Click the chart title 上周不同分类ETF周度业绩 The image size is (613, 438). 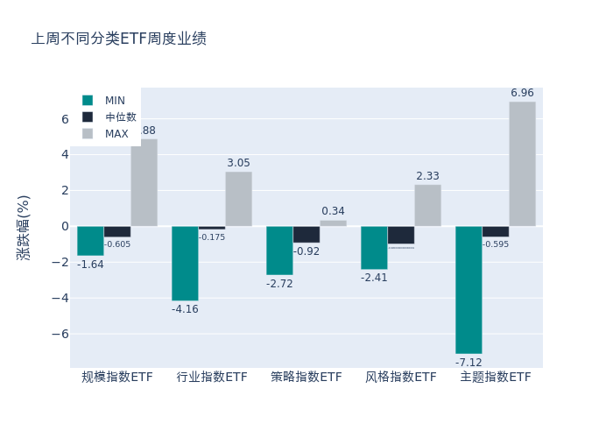point(119,39)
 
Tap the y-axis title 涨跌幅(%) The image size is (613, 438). point(24,227)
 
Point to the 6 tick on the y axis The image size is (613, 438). point(64,119)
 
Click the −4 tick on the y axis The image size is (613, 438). point(60,298)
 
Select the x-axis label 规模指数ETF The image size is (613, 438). point(117,378)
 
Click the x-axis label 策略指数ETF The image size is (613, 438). point(306,378)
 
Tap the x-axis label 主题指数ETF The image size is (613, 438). point(496,378)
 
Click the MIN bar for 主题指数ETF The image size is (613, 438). point(469,290)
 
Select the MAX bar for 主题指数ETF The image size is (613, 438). point(522,164)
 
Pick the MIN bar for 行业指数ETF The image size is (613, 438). point(185,263)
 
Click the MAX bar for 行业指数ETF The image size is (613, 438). point(238,199)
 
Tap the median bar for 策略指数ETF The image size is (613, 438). point(306,234)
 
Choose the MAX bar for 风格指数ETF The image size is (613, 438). point(427,205)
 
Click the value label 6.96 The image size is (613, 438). point(522,93)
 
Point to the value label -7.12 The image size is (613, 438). point(469,363)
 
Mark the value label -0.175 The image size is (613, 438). point(212,237)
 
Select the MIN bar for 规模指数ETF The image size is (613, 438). point(90,241)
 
